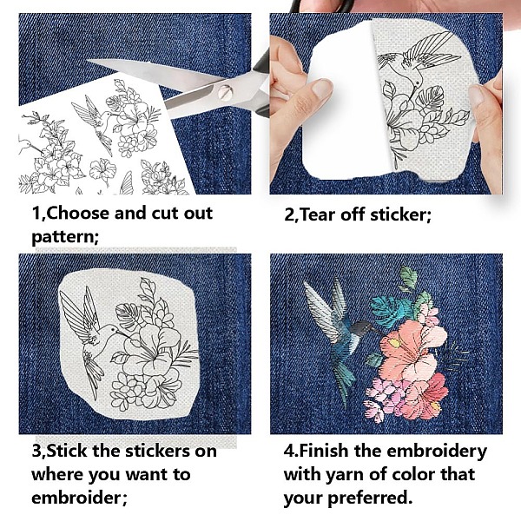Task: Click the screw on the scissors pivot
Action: coord(224,92)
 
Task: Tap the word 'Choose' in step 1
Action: coord(78,213)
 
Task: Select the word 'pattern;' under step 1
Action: coord(65,237)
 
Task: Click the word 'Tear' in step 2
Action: coord(318,214)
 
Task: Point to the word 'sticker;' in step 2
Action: coord(400,214)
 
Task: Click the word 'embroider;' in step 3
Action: coord(79,498)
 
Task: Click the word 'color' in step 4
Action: coord(413,474)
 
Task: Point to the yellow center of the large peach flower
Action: coord(394,343)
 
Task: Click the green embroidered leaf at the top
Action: coord(408,278)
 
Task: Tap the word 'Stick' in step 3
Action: coord(68,451)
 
